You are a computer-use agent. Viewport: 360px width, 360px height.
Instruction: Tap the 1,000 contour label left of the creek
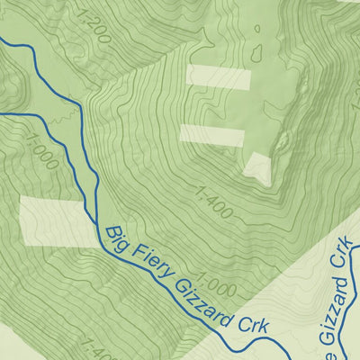coord(40,153)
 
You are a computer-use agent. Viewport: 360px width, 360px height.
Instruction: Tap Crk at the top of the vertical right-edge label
coord(342,254)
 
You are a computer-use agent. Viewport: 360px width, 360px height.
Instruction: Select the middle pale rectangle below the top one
coord(212,135)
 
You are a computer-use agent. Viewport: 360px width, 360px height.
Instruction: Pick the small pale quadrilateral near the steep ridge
coord(258,168)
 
